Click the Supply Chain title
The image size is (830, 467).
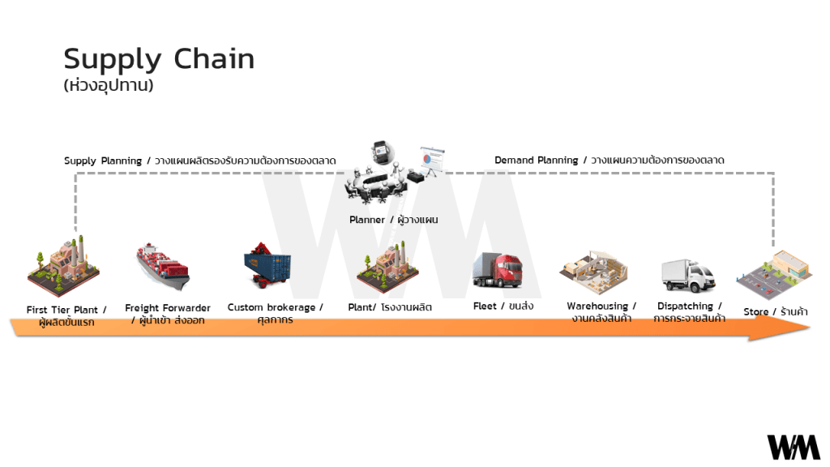tap(159, 59)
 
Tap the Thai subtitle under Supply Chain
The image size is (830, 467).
tap(108, 85)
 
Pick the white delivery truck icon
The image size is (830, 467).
tap(688, 275)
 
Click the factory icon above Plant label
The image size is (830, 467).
tap(387, 268)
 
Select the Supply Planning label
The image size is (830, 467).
tap(199, 161)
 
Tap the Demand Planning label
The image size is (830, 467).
tap(609, 161)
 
